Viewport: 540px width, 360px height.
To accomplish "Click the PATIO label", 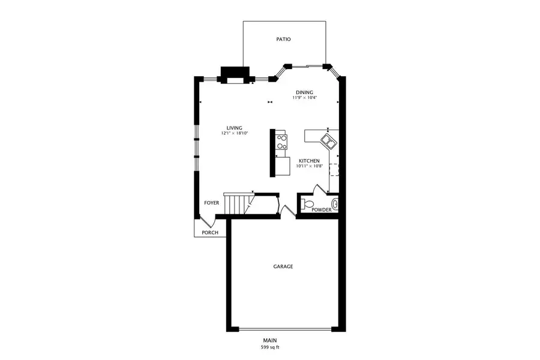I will (x=284, y=40).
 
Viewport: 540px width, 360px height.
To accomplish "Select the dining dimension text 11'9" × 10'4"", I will (x=304, y=97).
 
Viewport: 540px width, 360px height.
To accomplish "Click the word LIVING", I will (x=234, y=128).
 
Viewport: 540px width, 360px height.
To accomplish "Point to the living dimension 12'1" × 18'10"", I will (x=234, y=133).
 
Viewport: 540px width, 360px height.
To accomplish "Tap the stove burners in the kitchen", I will (x=281, y=142).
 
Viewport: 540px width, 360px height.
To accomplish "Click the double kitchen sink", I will (x=328, y=142).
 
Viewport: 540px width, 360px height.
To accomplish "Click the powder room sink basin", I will (x=335, y=205).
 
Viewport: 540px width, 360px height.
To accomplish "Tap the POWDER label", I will (x=321, y=210).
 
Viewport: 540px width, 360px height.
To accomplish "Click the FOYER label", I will (x=211, y=203).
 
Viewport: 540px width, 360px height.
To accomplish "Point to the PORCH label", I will (x=209, y=233).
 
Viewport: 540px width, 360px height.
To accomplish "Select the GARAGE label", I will (x=284, y=266).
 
